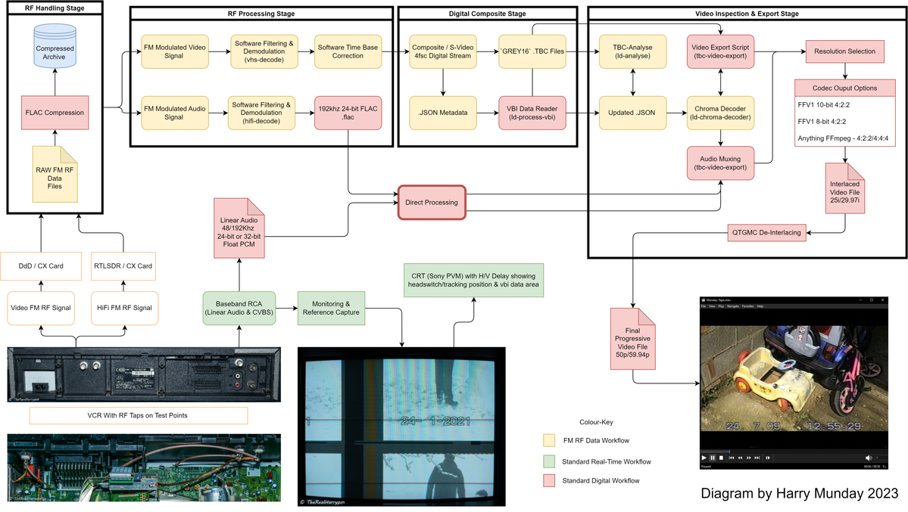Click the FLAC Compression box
55,113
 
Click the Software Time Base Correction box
346,51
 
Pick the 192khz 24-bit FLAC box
346,113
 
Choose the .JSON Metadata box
442,113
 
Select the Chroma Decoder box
719,113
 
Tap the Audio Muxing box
719,163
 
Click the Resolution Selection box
844,51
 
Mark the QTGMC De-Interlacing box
766,231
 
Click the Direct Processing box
431,203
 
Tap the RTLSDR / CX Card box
123,265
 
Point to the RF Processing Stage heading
261,14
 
